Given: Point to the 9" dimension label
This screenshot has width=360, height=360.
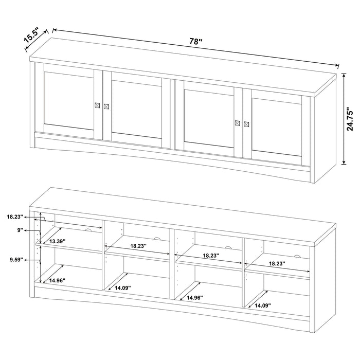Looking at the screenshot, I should click(x=21, y=231).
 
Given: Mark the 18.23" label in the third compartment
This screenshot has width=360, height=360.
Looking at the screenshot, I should click(x=210, y=255).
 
